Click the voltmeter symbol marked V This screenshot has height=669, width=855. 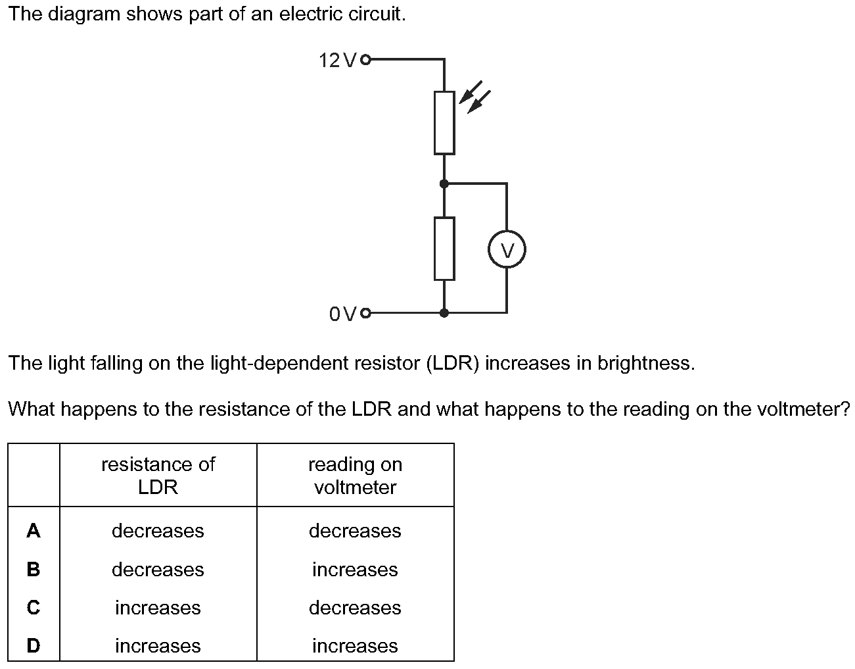pos(507,251)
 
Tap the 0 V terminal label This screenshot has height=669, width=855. pos(343,314)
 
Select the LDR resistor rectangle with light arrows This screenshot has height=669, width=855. pos(444,123)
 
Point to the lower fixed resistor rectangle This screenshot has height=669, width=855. pos(444,249)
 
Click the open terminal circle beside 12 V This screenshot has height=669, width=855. pos(367,61)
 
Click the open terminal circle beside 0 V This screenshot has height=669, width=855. pos(367,313)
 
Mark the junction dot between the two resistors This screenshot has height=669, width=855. pos(444,184)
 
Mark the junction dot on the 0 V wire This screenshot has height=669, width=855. pos(444,313)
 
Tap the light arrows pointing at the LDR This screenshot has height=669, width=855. pos(475,97)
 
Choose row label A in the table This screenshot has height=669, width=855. pos(34,531)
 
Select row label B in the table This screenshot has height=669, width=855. pos(34,569)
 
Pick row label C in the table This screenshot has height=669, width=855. pos(34,608)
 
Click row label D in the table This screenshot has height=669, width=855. pos(34,646)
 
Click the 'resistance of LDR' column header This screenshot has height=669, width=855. pos(158,476)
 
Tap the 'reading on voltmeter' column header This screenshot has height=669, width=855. pos(355,476)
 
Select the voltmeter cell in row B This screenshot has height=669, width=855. pos(355,569)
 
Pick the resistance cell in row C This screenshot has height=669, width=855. pos(158,608)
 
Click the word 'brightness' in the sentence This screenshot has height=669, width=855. pos(645,363)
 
